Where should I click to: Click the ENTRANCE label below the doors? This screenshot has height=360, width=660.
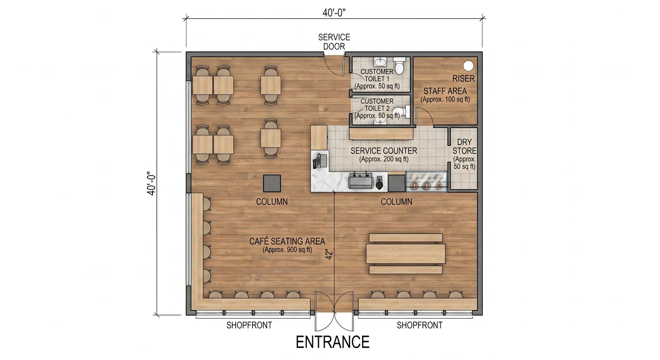pos(332,342)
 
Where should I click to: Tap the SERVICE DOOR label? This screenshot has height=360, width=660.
pos(334,42)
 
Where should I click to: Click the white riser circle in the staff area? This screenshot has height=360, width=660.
pos(468,66)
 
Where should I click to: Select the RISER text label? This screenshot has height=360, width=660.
pos(464,79)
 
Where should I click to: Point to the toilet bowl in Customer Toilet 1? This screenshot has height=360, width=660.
pos(399,66)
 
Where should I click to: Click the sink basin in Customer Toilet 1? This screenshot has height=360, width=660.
pos(380,62)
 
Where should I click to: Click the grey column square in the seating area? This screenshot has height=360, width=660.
pos(272,183)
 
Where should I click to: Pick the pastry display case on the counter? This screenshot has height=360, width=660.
pos(426,181)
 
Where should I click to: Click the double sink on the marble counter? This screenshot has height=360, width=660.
pos(361,180)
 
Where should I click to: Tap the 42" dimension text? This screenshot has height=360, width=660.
pos(329,255)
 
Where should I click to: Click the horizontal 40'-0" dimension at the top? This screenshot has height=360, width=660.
pos(334,13)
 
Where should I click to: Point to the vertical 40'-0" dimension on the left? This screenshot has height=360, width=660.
pos(151,184)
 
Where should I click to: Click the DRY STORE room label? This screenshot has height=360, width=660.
pos(464,146)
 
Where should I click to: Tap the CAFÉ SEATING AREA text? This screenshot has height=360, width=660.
pos(287,241)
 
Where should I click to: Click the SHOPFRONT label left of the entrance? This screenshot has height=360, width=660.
pos(249,325)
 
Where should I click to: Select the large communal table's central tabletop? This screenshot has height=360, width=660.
pos(405,254)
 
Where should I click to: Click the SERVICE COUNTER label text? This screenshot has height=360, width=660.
pos(384,151)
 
